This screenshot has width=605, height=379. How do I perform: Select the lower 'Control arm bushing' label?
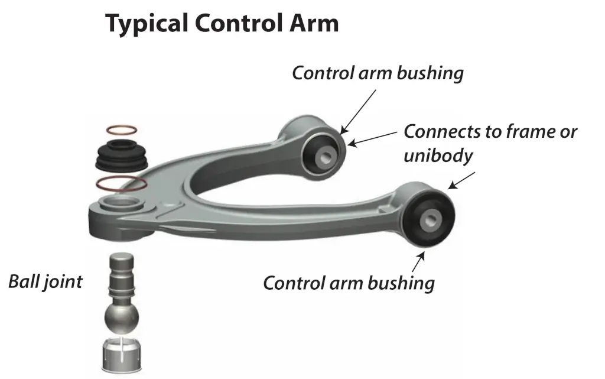pos(349,283)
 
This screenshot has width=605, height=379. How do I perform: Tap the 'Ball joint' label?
pos(45,281)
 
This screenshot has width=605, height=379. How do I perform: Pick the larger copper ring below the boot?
pos(121,183)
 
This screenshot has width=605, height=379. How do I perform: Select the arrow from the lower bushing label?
pos(421,261)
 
